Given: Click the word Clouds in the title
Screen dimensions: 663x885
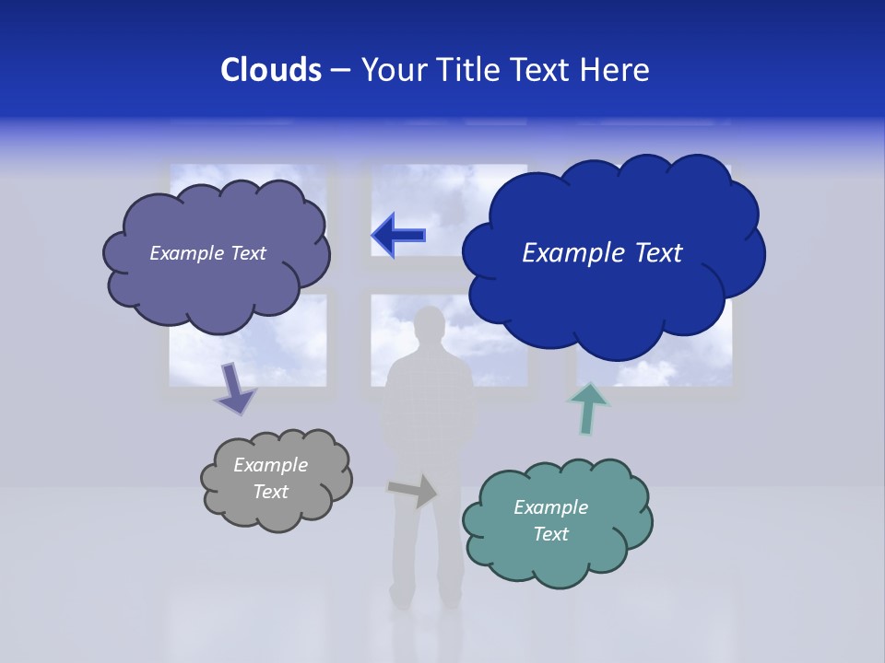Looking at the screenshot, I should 270,69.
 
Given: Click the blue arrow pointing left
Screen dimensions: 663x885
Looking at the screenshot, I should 398,235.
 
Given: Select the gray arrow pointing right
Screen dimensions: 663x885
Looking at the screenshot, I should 413,491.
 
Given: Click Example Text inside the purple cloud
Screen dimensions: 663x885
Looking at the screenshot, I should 207,253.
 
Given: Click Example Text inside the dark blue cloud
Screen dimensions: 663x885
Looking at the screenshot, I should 602,253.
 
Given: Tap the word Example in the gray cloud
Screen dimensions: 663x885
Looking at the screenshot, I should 270,465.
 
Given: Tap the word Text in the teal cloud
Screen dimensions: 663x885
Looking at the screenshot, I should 550,534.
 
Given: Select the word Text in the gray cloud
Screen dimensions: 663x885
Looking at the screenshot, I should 270,492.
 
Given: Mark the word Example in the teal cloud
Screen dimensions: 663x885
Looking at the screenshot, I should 550,507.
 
